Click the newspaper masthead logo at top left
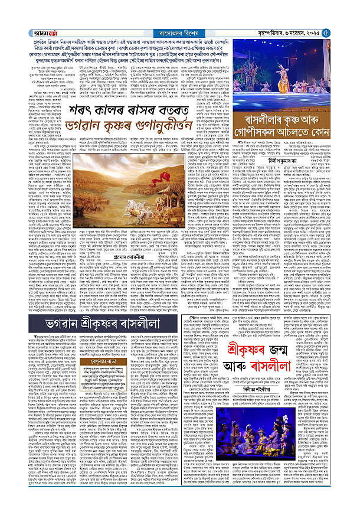(x=17, y=7)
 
